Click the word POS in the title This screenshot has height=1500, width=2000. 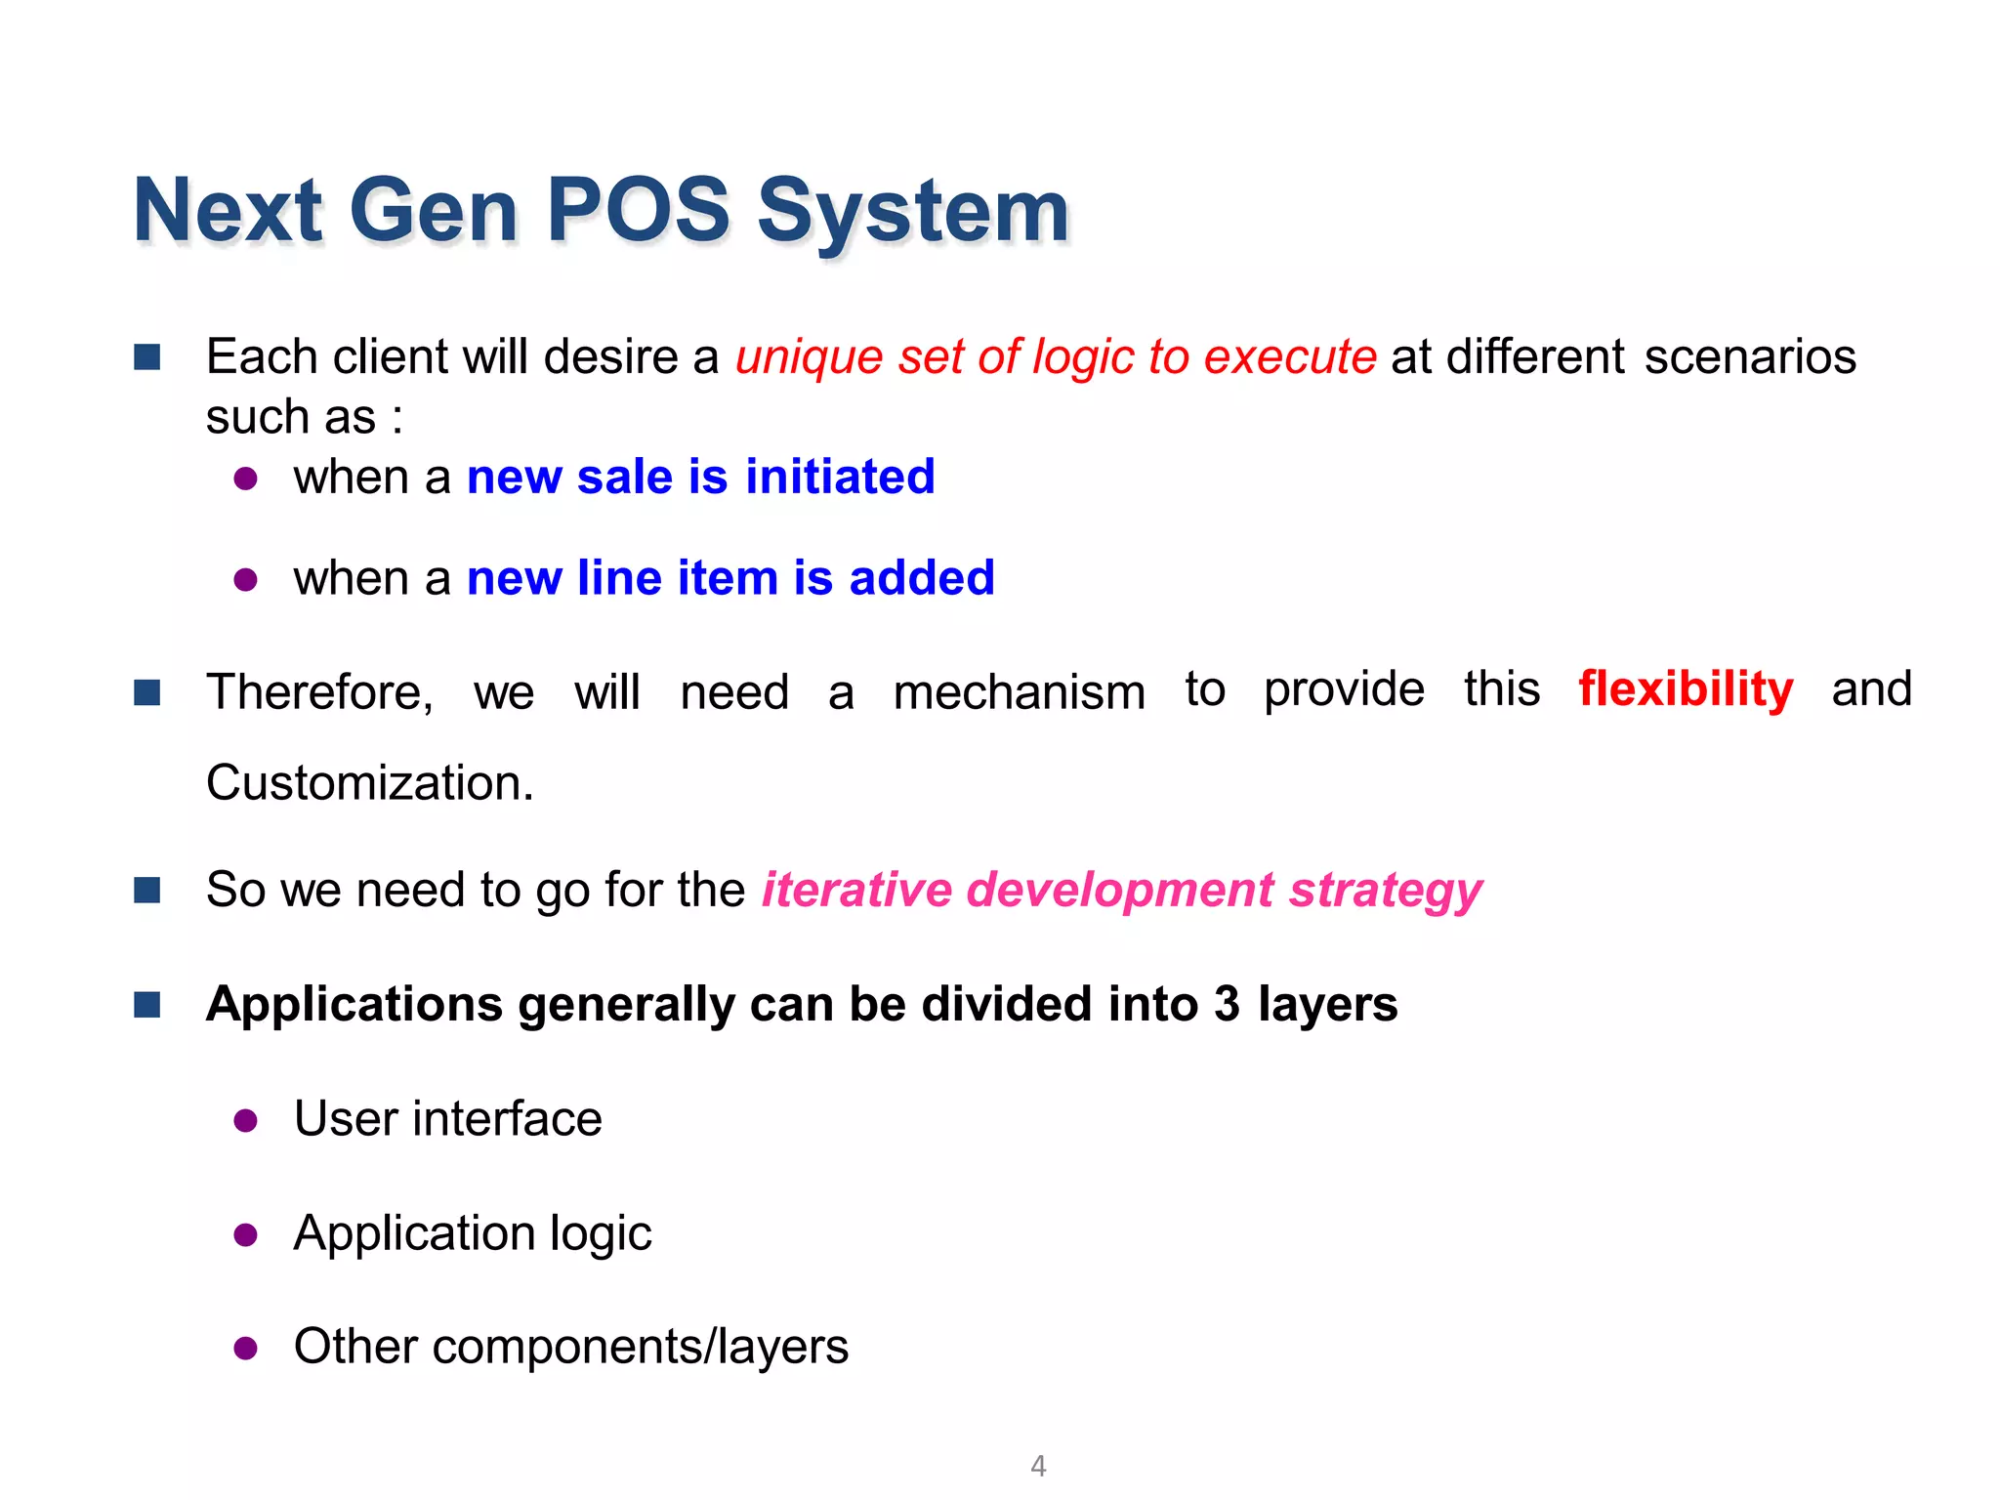point(638,210)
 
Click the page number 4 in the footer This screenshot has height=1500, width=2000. point(1038,1466)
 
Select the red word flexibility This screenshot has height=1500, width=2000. point(1686,689)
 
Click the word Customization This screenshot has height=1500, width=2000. point(369,783)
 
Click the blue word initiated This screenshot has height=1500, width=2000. point(840,478)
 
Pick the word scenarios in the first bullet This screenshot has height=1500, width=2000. point(1750,357)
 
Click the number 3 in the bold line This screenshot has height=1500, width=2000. point(1227,1004)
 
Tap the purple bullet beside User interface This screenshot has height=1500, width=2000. point(246,1120)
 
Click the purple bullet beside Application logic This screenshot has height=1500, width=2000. point(246,1235)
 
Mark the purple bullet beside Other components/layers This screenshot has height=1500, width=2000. point(246,1349)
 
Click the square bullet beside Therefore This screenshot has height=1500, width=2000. point(147,692)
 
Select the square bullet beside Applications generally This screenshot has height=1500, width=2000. point(147,1004)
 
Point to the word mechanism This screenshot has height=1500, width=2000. point(1019,692)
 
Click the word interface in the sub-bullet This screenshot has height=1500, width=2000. point(507,1119)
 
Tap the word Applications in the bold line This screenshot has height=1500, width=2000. point(354,1005)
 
